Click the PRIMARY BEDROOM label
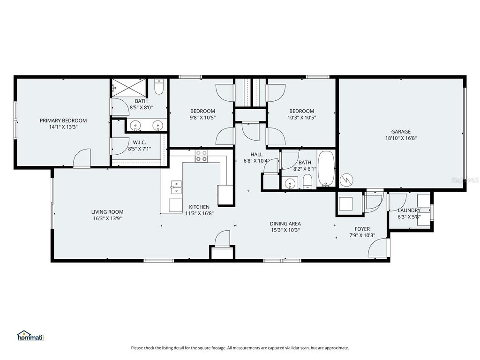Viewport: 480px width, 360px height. coord(63,120)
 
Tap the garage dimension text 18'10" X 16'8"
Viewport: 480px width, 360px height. coord(401,138)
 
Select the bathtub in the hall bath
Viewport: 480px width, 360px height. coord(325,169)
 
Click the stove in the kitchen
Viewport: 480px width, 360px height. coord(202,156)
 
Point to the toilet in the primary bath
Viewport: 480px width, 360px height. coord(158,88)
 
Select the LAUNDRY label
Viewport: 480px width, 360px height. coord(409,210)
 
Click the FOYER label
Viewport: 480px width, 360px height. coord(362,229)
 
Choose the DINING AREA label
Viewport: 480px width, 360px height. coord(285,224)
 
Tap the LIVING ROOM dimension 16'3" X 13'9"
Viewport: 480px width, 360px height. coord(107,218)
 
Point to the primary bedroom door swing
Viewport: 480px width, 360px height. coord(82,157)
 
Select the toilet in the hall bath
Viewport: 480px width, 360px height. coord(307,182)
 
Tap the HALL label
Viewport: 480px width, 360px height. coord(256,154)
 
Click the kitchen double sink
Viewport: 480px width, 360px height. coord(176,187)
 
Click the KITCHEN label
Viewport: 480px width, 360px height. coord(199,207)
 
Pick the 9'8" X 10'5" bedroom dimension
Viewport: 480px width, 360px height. coord(203,118)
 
